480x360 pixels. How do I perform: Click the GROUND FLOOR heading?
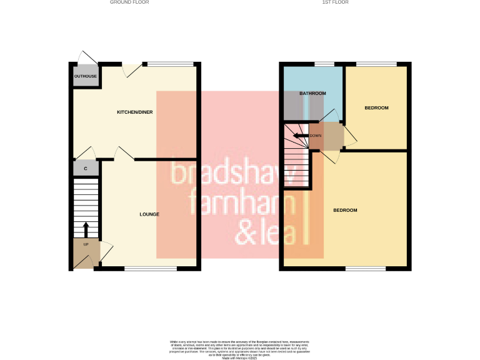pos(129,2)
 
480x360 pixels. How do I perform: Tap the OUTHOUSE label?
pos(85,76)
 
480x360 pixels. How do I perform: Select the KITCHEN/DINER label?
pos(135,112)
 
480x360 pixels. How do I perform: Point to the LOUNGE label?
pos(149,214)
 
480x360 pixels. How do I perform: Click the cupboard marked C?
pos(86,168)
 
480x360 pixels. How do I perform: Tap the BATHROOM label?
pos(312,94)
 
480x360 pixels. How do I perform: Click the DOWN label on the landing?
pos(316,136)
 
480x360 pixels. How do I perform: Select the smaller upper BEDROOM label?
pos(376,108)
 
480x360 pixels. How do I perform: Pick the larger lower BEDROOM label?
pos(345,210)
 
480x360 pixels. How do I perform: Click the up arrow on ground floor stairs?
pos(86,229)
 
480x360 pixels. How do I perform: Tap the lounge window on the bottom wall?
pos(150,269)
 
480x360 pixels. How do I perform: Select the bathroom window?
pos(323,63)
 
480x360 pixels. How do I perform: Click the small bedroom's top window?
pos(376,63)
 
